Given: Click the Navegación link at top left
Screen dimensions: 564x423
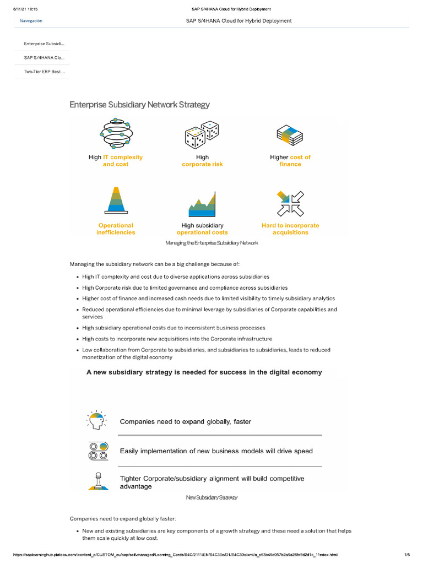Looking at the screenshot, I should (31, 21).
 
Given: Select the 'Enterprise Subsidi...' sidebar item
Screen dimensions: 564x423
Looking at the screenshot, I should (44, 43).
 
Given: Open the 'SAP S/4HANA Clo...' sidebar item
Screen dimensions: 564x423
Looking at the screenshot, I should (44, 57).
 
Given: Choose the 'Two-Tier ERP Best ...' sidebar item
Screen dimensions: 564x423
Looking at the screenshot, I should (44, 72).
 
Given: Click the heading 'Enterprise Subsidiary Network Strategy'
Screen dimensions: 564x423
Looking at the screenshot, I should (139, 105).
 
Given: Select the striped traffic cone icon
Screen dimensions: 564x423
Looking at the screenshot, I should (116, 200).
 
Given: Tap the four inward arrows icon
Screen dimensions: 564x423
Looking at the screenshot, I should (290, 203).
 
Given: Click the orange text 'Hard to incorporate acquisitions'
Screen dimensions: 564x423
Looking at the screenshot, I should (290, 229).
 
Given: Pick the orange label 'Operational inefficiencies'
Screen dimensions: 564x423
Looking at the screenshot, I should (116, 229).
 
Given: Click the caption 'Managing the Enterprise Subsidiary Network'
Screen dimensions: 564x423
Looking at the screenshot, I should (211, 243).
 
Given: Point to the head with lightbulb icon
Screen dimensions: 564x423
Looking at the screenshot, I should (98, 421).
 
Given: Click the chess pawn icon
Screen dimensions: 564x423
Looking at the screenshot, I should (98, 481).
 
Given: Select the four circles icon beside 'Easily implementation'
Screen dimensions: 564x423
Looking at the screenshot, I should (98, 451).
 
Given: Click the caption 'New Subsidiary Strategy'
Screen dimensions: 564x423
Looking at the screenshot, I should (211, 497).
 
